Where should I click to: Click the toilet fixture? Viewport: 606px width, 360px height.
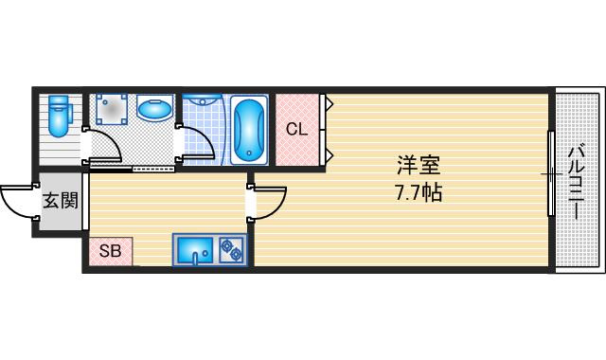pyautogui.click(x=59, y=116)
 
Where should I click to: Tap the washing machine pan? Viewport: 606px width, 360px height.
pyautogui.click(x=112, y=109)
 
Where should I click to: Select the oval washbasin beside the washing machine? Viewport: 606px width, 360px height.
pyautogui.click(x=154, y=110)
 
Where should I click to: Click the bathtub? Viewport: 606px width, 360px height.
pyautogui.click(x=249, y=131)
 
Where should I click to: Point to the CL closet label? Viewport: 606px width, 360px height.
pyautogui.click(x=296, y=130)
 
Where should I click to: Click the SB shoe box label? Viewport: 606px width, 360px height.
pyautogui.click(x=110, y=251)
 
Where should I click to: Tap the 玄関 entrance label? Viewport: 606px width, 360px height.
pyautogui.click(x=61, y=201)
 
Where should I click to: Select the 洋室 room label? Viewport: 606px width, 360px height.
pyautogui.click(x=419, y=166)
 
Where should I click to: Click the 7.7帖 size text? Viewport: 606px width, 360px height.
pyautogui.click(x=419, y=192)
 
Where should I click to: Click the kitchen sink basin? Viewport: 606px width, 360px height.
pyautogui.click(x=195, y=250)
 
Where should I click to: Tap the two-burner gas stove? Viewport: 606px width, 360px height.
pyautogui.click(x=231, y=250)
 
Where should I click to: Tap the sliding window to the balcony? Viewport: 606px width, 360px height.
pyautogui.click(x=551, y=173)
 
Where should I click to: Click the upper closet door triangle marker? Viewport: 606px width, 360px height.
pyautogui.click(x=330, y=103)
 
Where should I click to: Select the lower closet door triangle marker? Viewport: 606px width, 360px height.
pyautogui.click(x=330, y=155)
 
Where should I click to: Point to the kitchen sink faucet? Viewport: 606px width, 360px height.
pyautogui.click(x=196, y=258)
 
